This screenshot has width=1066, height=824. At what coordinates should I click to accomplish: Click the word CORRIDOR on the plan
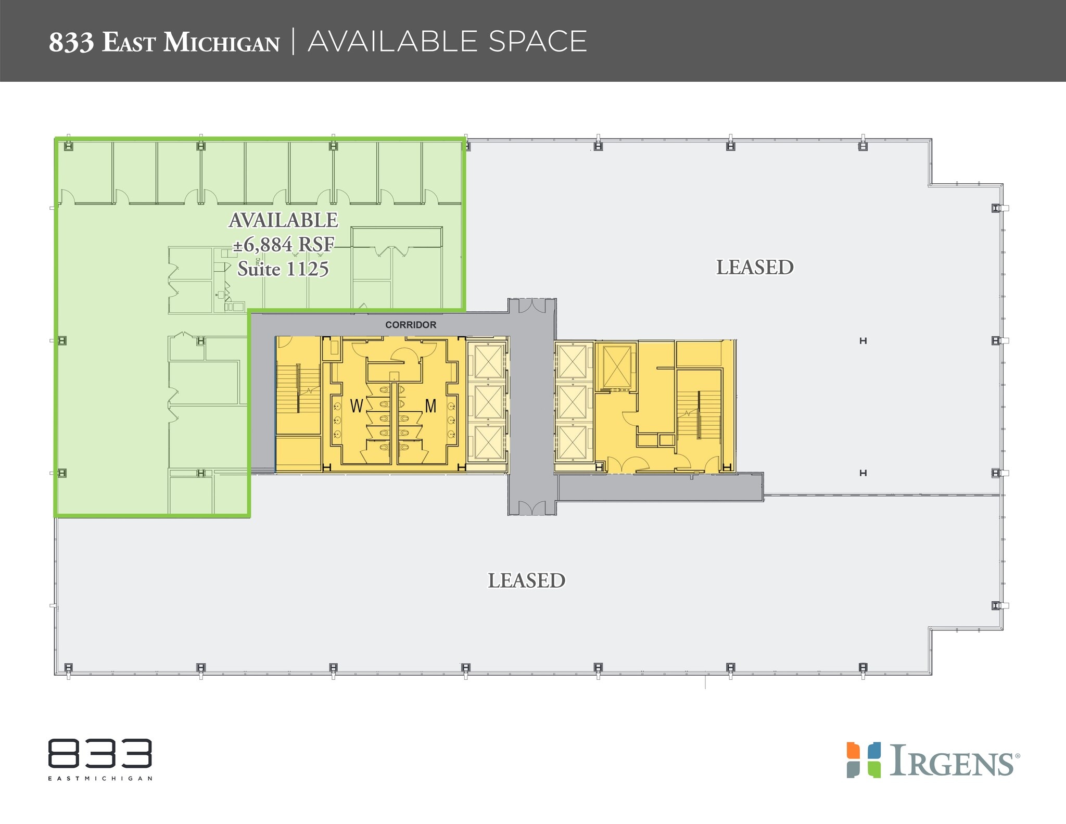pyautogui.click(x=411, y=325)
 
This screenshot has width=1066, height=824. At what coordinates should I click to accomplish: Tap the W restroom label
pyautogui.click(x=357, y=406)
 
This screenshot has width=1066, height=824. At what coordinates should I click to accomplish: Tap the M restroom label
pyautogui.click(x=430, y=406)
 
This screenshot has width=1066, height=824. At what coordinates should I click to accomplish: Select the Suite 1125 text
pyautogui.click(x=283, y=269)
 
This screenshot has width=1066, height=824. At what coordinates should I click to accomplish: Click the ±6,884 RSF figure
pyautogui.click(x=283, y=244)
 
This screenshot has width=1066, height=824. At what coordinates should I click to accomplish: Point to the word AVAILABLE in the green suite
pyautogui.click(x=283, y=220)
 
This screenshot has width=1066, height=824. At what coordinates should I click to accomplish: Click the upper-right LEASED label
pyautogui.click(x=755, y=268)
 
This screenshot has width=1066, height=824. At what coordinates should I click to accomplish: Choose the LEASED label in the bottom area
pyautogui.click(x=526, y=580)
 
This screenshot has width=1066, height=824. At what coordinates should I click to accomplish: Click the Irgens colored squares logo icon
pyautogui.click(x=864, y=759)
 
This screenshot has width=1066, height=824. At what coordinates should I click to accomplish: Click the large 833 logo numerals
pyautogui.click(x=100, y=753)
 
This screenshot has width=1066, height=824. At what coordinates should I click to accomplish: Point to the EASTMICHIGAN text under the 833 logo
pyautogui.click(x=100, y=779)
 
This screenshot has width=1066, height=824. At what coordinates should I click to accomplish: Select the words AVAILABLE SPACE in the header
pyautogui.click(x=447, y=42)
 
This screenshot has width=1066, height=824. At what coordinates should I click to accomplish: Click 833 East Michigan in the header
pyautogui.click(x=164, y=42)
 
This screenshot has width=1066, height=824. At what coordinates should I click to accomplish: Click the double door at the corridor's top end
pyautogui.click(x=532, y=306)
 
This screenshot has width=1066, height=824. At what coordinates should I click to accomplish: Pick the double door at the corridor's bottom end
pyautogui.click(x=532, y=508)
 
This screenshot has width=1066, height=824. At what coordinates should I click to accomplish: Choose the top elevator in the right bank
pyautogui.click(x=572, y=360)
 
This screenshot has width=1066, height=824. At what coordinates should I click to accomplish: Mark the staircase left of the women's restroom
pyautogui.click(x=298, y=388)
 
